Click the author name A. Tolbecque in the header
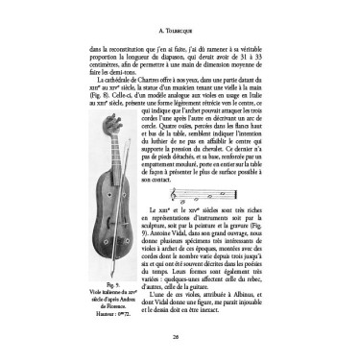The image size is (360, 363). (x=180, y=15)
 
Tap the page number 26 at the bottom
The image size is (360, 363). (x=180, y=338)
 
